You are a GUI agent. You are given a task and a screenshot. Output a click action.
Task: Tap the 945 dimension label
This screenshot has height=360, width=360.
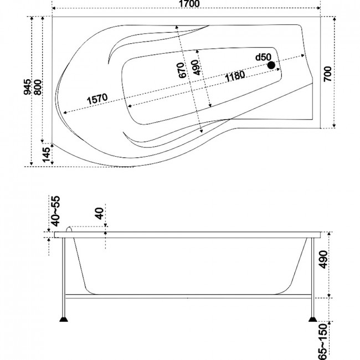[x=28, y=87]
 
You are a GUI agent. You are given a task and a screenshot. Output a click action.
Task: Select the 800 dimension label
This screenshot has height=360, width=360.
[x=38, y=88]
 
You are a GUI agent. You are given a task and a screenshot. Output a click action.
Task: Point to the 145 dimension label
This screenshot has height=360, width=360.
[x=47, y=155]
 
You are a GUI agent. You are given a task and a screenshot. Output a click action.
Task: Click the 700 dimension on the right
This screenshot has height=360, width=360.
[x=328, y=74]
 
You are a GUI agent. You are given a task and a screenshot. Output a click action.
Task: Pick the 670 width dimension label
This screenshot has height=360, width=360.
[x=181, y=70]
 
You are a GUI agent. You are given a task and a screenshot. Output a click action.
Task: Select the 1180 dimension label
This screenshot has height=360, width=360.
[x=235, y=76]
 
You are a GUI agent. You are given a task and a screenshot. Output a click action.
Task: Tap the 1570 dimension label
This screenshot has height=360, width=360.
[x=97, y=99]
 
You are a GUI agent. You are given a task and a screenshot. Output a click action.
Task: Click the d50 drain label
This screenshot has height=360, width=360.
[x=263, y=57]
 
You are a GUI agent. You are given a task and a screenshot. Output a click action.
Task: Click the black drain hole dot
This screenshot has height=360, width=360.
[x=271, y=65]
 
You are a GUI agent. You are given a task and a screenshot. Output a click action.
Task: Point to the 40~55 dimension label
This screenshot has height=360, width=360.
[x=56, y=211]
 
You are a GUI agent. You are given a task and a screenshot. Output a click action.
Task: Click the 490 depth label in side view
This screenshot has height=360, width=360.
[x=323, y=259]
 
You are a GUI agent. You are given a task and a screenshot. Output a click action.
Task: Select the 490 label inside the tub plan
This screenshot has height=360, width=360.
[x=196, y=67]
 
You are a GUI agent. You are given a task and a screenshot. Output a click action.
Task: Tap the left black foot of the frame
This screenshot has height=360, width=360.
[x=64, y=319]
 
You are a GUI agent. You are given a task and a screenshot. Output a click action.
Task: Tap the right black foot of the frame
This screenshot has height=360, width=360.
[x=312, y=319]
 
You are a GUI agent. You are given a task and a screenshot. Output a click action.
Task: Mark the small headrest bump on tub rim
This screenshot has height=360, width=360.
[x=69, y=229]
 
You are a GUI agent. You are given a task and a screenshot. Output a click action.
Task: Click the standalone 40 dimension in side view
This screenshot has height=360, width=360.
[x=99, y=213]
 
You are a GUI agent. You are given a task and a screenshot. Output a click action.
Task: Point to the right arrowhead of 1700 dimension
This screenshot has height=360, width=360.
[x=318, y=8]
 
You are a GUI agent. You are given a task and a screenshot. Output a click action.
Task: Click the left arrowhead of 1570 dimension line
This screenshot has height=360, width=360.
[x=65, y=112]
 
